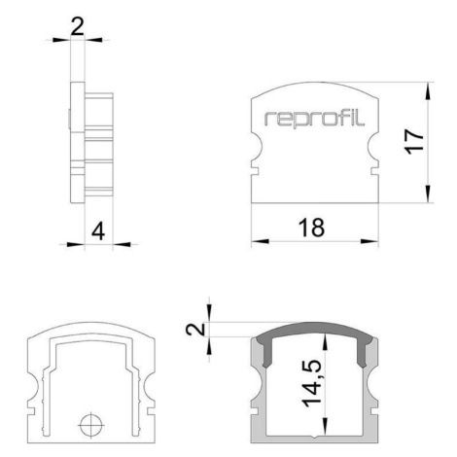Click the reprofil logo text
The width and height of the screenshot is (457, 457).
click(x=314, y=119)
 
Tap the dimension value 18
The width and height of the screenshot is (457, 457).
click(x=311, y=228)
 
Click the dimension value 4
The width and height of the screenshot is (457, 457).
click(x=98, y=231)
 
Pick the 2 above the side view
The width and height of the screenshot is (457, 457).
click(x=78, y=26)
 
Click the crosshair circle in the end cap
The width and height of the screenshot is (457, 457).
click(x=91, y=425)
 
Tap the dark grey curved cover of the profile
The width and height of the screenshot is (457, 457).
click(x=314, y=328)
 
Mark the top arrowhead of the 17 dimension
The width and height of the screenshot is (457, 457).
click(x=429, y=90)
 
